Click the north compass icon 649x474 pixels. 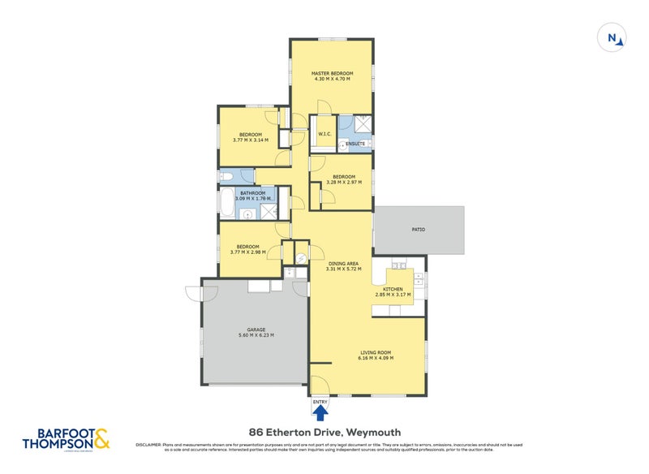(611, 37)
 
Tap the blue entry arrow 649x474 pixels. (320, 413)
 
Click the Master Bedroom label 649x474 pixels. (332, 74)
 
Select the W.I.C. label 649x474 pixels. (322, 135)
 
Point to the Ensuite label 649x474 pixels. (355, 144)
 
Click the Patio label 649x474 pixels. (418, 230)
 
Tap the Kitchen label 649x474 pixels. (393, 289)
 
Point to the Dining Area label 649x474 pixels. (343, 263)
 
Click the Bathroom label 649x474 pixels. (252, 192)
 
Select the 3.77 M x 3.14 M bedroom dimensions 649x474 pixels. (250, 140)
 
